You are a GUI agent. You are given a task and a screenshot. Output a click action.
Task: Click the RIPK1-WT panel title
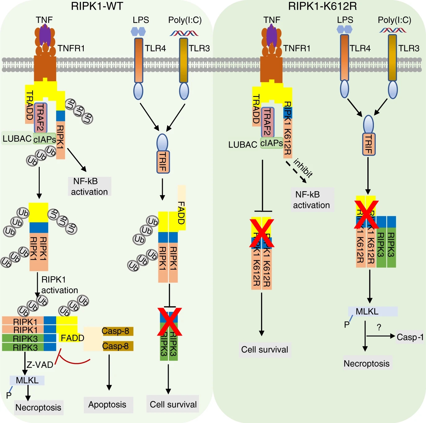(97, 6)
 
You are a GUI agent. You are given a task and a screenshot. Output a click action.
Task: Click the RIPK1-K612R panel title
(322, 6)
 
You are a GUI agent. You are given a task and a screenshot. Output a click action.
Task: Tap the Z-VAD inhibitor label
(40, 365)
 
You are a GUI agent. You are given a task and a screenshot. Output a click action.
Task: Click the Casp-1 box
(410, 337)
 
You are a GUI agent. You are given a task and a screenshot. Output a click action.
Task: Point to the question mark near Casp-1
(379, 327)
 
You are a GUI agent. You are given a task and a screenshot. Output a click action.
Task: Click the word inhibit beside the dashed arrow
(303, 168)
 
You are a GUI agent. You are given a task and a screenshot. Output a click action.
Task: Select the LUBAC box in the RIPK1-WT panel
(17, 139)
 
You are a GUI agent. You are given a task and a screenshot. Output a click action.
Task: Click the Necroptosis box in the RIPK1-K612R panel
(366, 363)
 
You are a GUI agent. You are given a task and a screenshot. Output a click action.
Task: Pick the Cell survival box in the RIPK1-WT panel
(173, 404)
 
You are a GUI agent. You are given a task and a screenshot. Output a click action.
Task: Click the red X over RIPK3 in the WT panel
(169, 322)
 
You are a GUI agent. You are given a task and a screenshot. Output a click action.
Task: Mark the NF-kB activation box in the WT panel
(89, 186)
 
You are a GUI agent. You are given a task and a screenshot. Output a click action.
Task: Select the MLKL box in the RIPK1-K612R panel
(372, 311)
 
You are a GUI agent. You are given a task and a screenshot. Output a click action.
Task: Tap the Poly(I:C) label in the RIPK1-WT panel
(185, 20)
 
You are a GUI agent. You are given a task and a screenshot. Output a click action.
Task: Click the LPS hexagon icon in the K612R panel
(344, 29)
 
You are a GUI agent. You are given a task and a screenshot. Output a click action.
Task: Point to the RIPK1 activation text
(60, 285)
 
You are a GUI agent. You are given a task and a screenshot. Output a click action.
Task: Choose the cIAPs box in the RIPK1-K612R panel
(271, 143)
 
